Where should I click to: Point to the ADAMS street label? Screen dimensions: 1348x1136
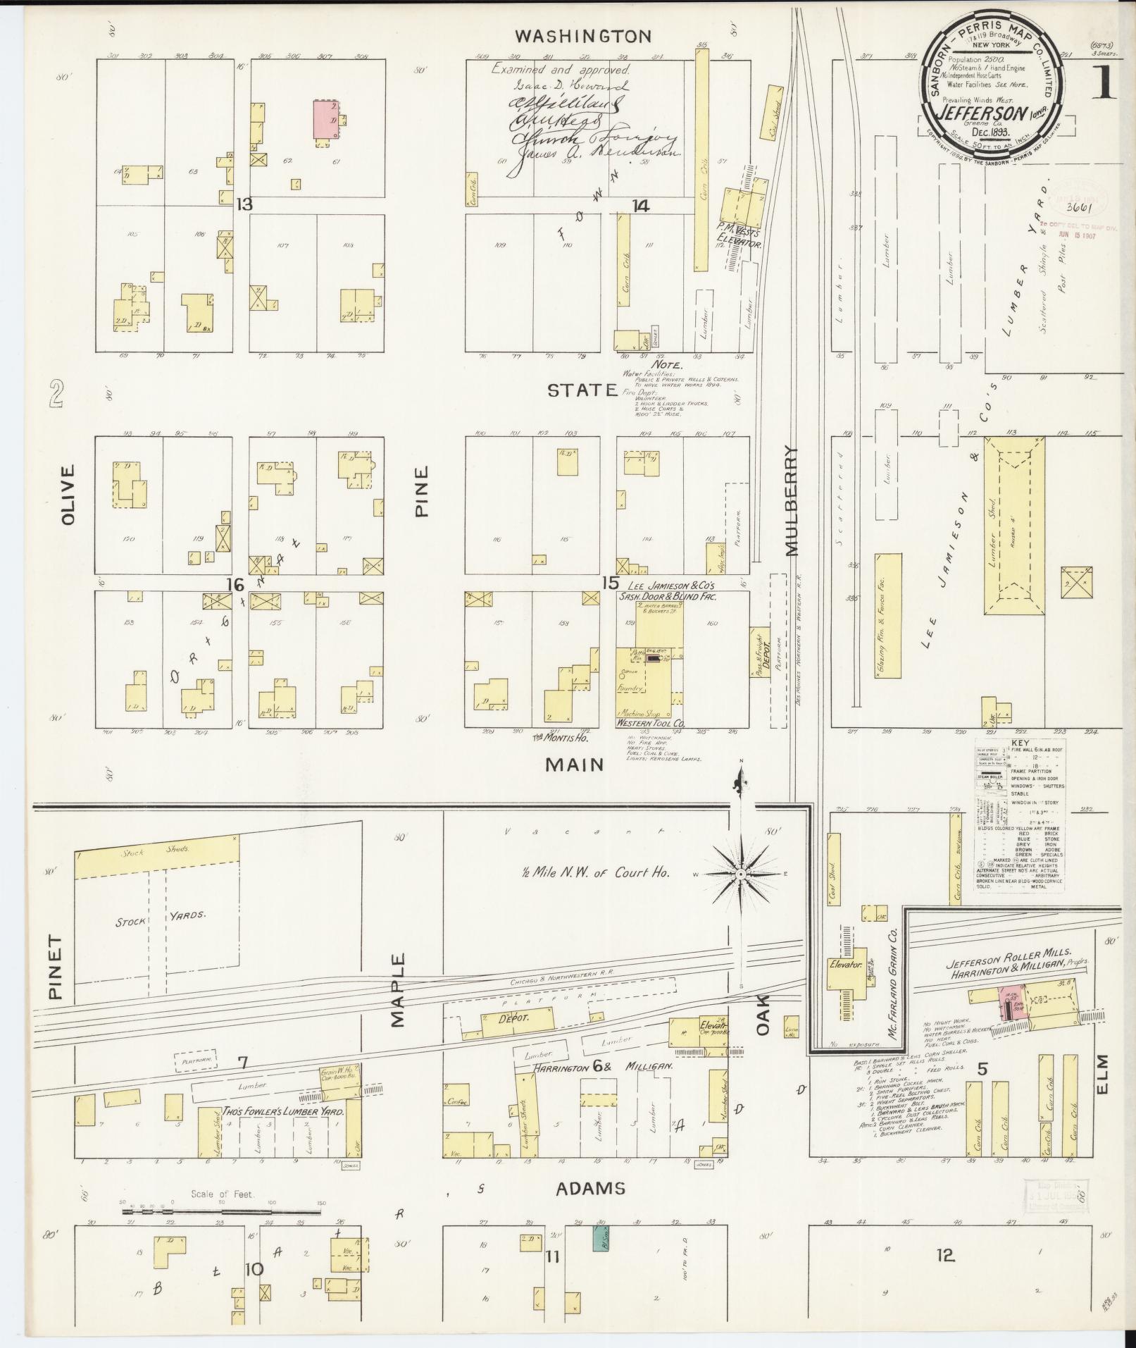tap(590, 1189)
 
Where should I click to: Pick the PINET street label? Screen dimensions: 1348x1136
tap(56, 967)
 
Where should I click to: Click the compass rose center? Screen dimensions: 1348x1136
tap(740, 874)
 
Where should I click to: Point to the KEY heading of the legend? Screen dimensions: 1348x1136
tap(1018, 744)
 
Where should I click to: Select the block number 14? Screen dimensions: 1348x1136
tap(640, 206)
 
